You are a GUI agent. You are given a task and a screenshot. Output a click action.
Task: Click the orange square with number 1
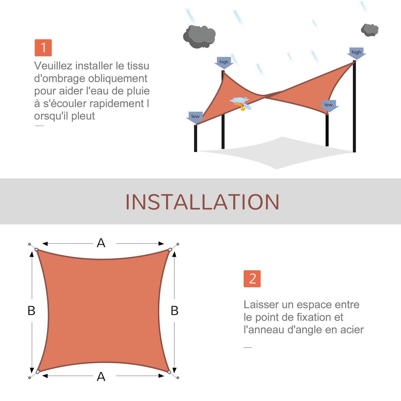[43, 48]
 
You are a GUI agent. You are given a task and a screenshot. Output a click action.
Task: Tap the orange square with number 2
[252, 279]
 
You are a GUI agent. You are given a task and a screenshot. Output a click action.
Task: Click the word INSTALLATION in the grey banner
[202, 202]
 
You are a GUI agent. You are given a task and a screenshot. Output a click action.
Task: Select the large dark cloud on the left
[199, 37]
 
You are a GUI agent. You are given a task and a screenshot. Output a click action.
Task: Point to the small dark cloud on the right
[370, 30]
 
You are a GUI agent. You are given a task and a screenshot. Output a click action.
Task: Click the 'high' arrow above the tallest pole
[356, 53]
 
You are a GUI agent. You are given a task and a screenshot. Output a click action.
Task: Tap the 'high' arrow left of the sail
[224, 62]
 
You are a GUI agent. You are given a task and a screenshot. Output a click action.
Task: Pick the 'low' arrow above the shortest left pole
[195, 118]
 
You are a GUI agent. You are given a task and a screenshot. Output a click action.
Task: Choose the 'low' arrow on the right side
[329, 106]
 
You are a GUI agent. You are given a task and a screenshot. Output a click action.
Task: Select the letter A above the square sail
[101, 243]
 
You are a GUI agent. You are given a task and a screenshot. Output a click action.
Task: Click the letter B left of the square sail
[31, 311]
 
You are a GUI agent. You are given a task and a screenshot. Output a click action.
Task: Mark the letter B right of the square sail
[174, 311]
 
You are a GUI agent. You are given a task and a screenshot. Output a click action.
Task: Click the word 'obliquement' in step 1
[118, 79]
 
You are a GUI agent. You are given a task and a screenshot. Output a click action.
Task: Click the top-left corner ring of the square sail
[36, 250]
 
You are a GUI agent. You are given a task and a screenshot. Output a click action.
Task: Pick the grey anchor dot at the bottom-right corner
[178, 378]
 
